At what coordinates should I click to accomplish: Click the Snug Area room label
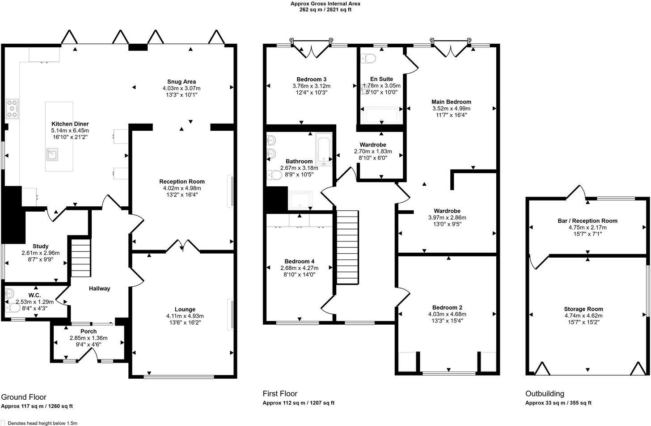pyautogui.click(x=182, y=82)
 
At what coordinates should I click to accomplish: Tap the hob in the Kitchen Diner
pyautogui.click(x=13, y=109)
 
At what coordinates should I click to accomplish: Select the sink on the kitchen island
pyautogui.click(x=53, y=155)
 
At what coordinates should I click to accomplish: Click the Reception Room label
pyautogui.click(x=182, y=181)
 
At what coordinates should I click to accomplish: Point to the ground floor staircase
pyautogui.click(x=81, y=258)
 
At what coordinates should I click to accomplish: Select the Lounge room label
pyautogui.click(x=185, y=309)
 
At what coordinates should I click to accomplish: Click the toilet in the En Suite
pyautogui.click(x=369, y=58)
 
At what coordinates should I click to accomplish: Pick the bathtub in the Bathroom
pyautogui.click(x=323, y=150)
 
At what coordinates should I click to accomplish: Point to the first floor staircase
pyautogui.click(x=347, y=245)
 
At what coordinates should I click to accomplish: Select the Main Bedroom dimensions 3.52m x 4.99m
pyautogui.click(x=451, y=108)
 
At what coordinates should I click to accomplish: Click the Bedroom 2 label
pyautogui.click(x=447, y=307)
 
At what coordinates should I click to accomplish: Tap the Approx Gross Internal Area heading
pyautogui.click(x=325, y=4)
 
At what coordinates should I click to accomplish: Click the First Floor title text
pyautogui.click(x=280, y=393)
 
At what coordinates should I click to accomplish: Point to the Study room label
pyautogui.click(x=40, y=246)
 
